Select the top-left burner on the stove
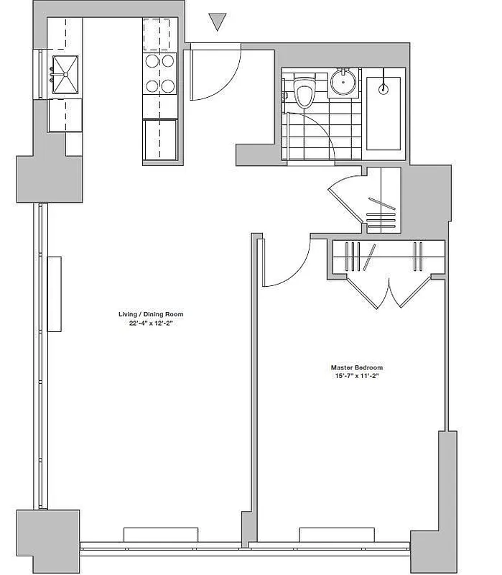coord(152,62)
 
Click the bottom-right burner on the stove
coord(168,86)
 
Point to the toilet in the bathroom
coord(304,94)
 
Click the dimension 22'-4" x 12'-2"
coord(147,323)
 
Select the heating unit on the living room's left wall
coord(54,293)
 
